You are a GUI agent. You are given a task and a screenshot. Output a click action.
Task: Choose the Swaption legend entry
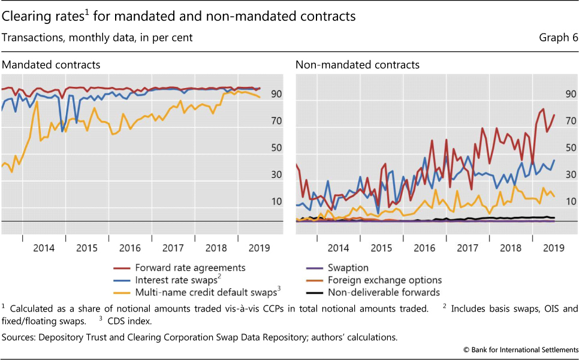click(x=348, y=268)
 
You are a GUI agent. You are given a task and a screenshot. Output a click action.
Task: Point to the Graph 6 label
click(x=558, y=37)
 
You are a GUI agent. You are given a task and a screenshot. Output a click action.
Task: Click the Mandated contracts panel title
click(x=51, y=64)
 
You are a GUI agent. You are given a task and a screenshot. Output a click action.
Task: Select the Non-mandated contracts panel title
click(x=358, y=64)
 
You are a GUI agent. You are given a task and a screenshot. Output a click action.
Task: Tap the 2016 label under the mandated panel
click(x=129, y=247)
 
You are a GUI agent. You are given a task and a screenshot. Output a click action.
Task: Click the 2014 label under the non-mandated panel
click(x=338, y=247)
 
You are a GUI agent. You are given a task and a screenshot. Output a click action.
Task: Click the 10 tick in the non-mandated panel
click(x=569, y=201)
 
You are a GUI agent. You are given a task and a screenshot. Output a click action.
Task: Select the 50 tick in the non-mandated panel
click(x=569, y=148)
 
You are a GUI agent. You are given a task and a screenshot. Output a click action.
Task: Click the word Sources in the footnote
click(x=19, y=337)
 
